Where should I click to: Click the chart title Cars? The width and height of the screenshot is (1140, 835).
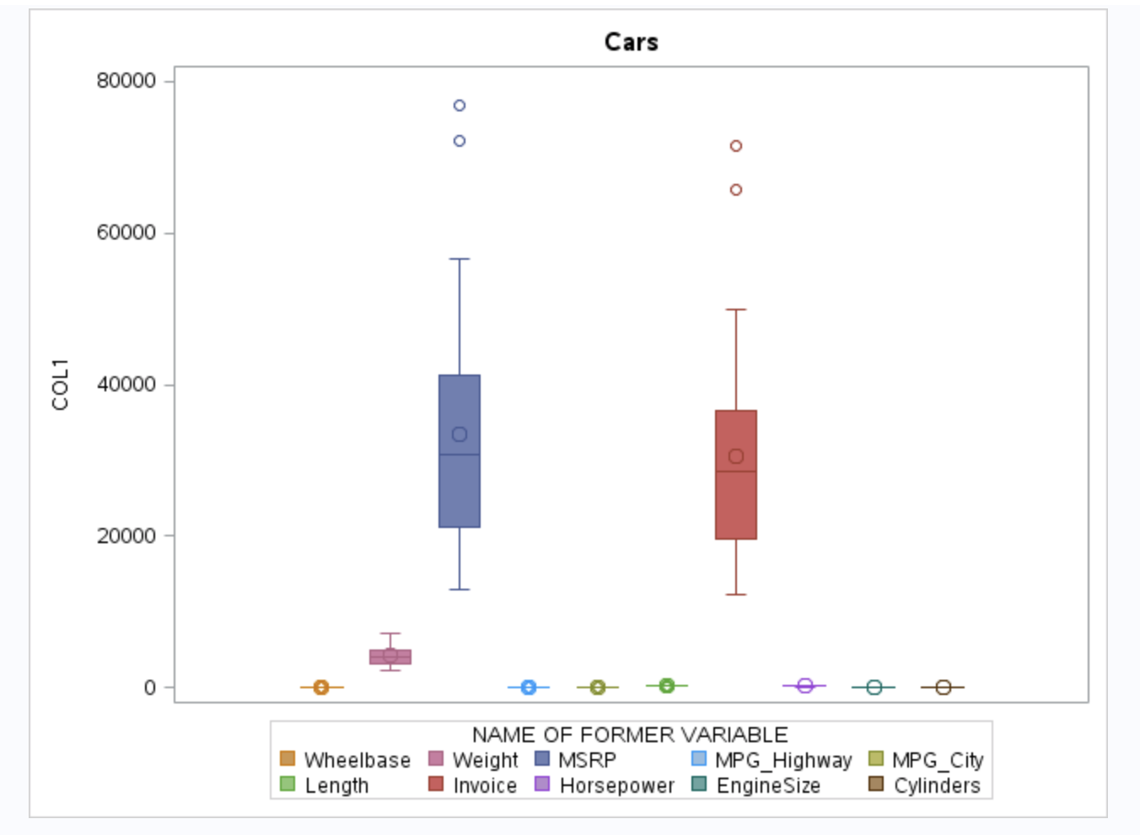point(631,42)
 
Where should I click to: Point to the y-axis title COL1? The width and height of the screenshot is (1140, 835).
point(60,384)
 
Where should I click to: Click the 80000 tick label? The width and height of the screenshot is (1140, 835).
point(126,81)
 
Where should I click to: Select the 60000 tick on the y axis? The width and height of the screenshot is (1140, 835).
point(126,233)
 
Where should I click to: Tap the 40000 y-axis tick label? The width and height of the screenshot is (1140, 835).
point(126,385)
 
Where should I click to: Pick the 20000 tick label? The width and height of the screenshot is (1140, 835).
point(126,536)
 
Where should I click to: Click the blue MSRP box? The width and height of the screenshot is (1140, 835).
point(460,489)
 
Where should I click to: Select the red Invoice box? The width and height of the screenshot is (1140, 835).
point(736,506)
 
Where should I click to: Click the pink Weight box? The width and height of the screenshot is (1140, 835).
point(390,657)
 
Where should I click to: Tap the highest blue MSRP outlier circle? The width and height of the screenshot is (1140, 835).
point(460,105)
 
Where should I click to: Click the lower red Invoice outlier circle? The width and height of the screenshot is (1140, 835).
point(736,190)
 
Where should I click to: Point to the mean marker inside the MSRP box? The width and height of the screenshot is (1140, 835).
point(460,434)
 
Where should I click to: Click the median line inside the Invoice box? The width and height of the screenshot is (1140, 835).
point(736,471)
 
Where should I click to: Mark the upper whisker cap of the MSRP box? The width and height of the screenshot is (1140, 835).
point(460,259)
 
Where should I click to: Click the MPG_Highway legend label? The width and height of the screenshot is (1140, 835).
point(783,760)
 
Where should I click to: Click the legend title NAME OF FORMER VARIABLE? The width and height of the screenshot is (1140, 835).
point(630,735)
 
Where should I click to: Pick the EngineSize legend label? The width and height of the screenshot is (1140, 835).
point(768,785)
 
